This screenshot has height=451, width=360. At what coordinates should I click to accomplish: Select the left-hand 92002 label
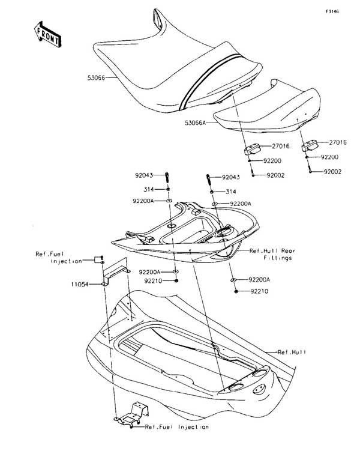click(x=274, y=175)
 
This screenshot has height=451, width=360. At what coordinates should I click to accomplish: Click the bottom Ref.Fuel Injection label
click(x=176, y=427)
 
